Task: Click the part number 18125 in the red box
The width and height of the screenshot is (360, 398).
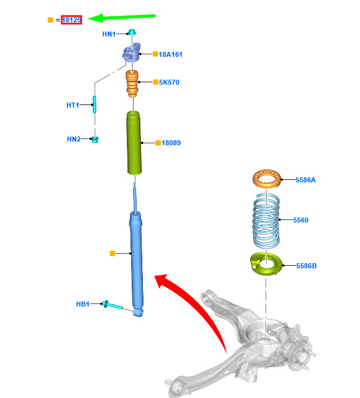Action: (x=71, y=20)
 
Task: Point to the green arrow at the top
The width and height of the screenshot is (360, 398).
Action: (x=122, y=17)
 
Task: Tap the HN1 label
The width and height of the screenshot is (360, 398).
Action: (x=109, y=34)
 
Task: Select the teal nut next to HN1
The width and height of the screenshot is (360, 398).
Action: (x=132, y=32)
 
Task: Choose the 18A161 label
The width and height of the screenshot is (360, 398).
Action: (x=171, y=54)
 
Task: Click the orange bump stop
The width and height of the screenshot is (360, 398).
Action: (x=132, y=83)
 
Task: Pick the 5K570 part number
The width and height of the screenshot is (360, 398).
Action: (x=169, y=82)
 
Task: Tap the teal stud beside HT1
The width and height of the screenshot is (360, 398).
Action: (x=95, y=104)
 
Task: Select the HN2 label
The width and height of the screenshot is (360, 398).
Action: (x=74, y=139)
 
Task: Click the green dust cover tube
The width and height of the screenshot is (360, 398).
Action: (x=134, y=143)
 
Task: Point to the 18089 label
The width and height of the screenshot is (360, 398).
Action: (x=171, y=143)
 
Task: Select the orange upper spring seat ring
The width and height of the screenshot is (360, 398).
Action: (x=267, y=179)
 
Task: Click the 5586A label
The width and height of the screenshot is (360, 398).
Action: (x=306, y=180)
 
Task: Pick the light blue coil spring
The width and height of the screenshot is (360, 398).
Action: (x=266, y=221)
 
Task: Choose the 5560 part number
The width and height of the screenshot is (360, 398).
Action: (x=301, y=220)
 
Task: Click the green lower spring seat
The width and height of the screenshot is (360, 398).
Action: (x=266, y=264)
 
